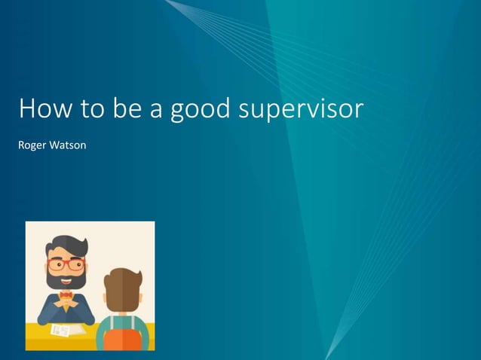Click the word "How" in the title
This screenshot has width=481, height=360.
41,109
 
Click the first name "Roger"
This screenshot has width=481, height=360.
32,145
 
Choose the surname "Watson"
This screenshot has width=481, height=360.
68,145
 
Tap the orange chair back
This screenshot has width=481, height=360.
121,340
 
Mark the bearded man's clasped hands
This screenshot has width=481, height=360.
67,305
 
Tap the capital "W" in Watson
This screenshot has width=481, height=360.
55,145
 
